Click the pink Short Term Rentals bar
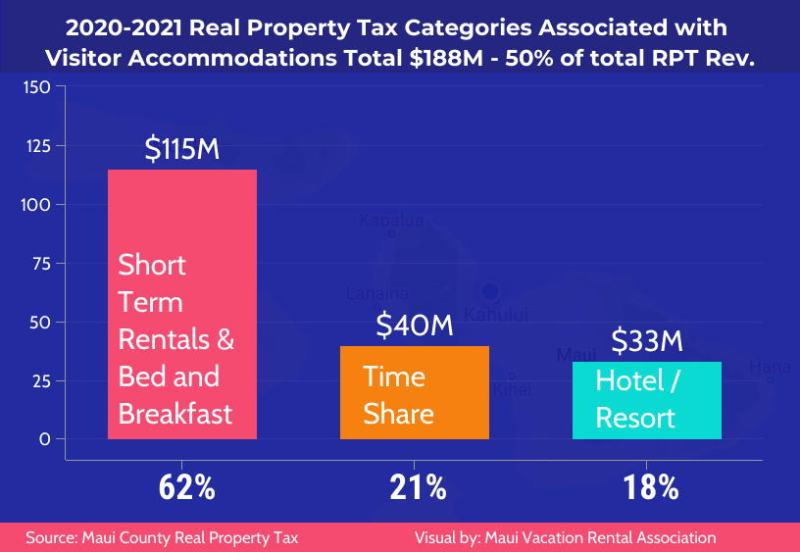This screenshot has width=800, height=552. (182, 304)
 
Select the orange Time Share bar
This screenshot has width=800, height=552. (414, 392)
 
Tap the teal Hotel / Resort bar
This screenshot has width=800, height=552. (647, 400)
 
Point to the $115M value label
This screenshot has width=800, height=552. (181, 149)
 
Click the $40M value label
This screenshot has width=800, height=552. (415, 325)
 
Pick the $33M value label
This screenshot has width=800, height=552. (647, 341)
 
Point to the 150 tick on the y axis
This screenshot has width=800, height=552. (36, 88)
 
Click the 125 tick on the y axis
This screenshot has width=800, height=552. (36, 146)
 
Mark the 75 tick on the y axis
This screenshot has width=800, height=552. (40, 263)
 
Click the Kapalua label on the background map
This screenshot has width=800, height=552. (391, 221)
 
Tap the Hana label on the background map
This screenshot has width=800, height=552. (770, 367)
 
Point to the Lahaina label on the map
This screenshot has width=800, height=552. (377, 293)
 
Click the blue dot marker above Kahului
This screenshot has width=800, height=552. (490, 291)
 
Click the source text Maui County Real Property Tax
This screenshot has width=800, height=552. (162, 537)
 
